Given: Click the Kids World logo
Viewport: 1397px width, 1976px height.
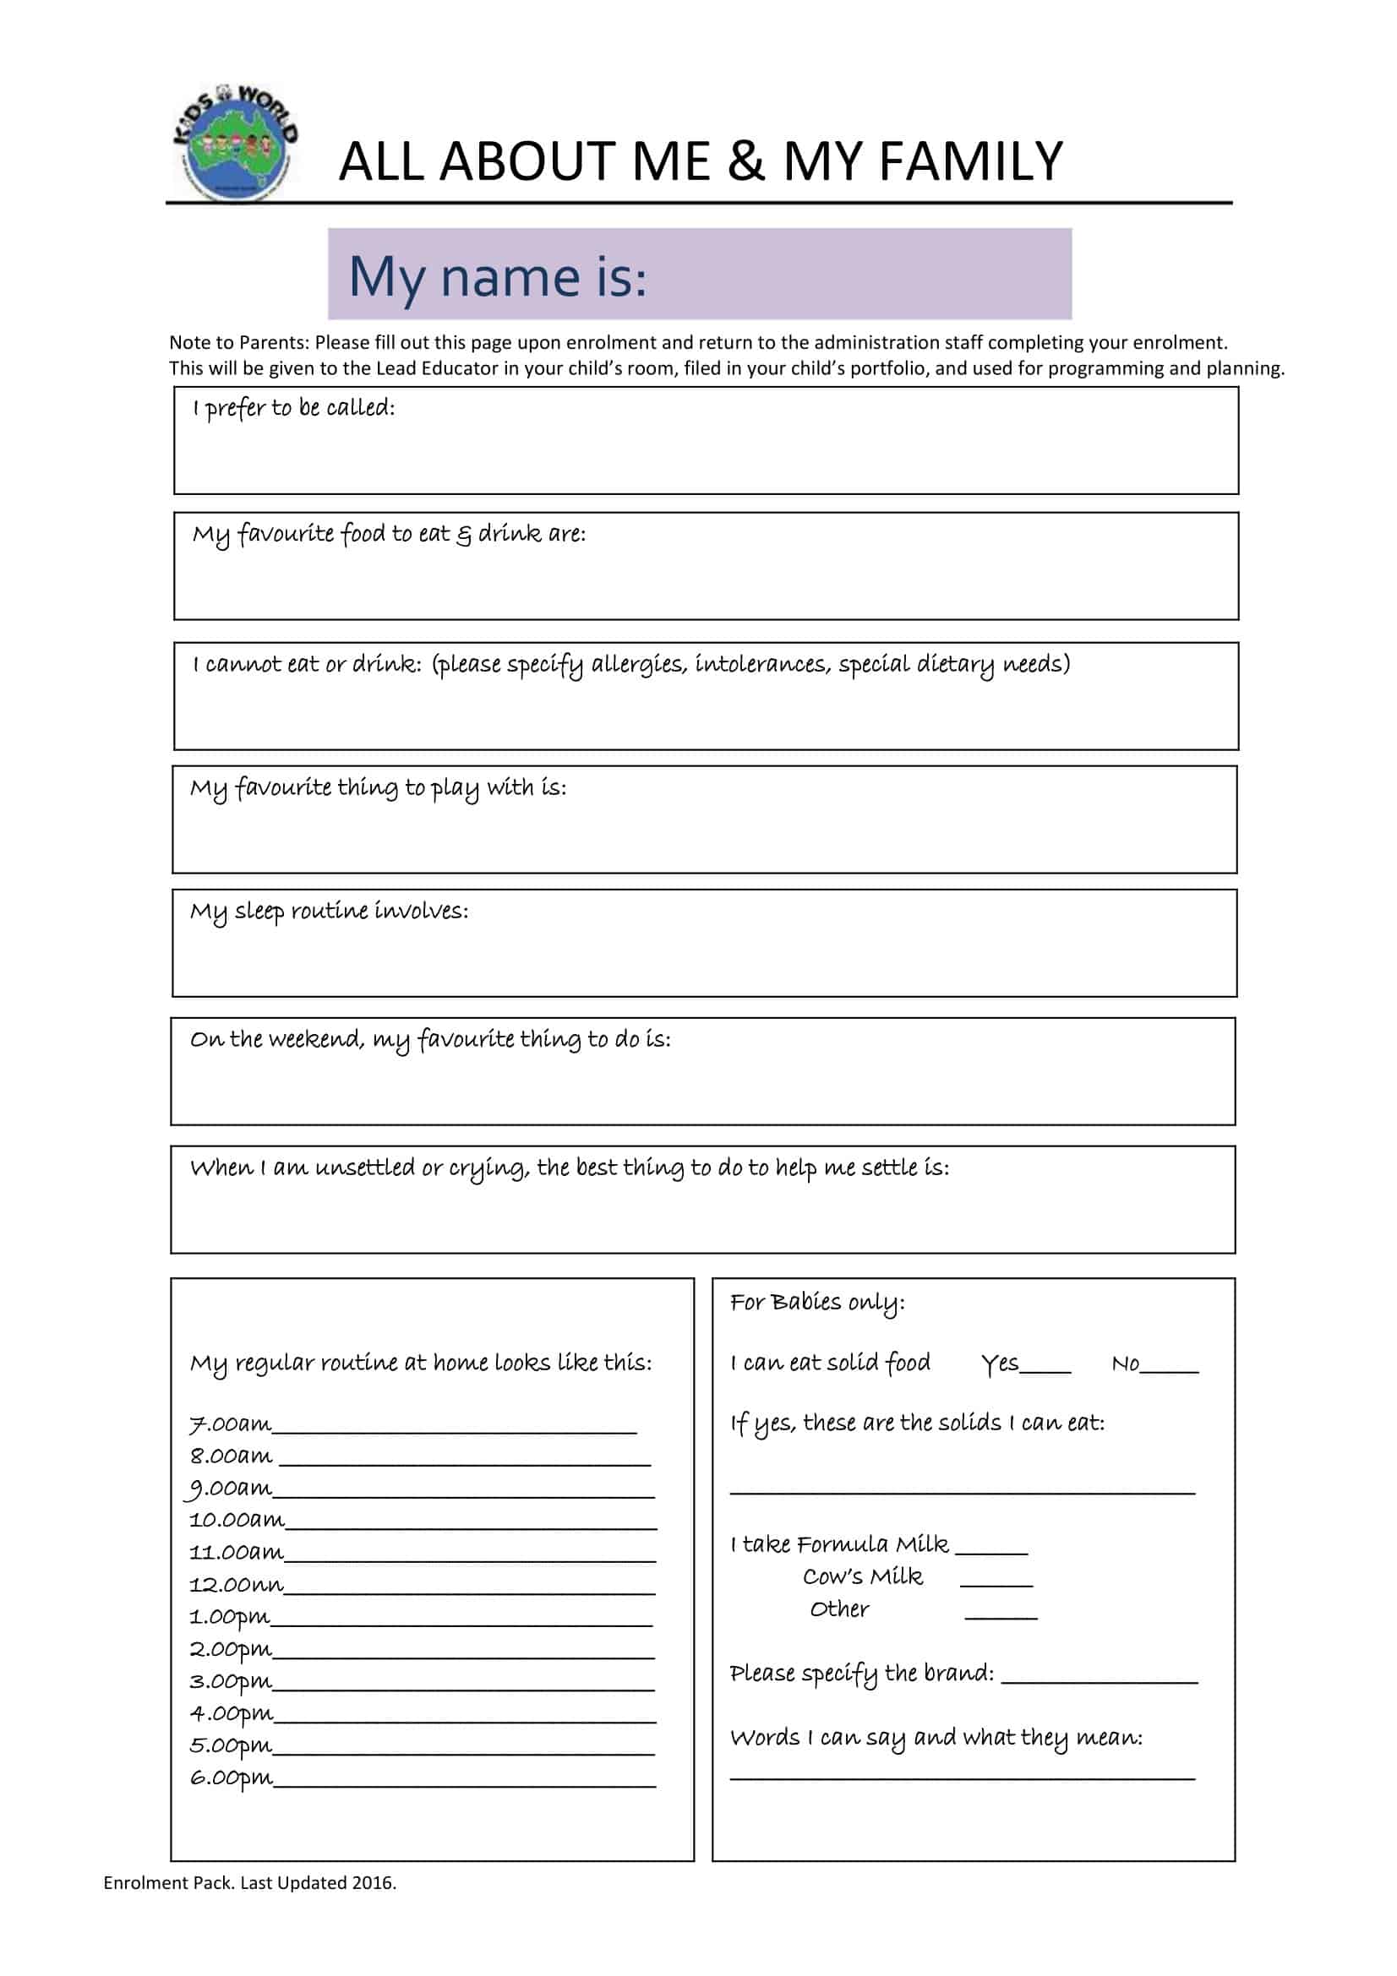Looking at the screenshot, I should click(235, 142).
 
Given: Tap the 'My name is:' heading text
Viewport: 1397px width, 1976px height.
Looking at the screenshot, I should click(497, 277).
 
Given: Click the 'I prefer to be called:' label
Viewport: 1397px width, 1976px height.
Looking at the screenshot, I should click(293, 408).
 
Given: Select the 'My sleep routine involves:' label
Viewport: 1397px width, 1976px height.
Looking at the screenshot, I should click(329, 912).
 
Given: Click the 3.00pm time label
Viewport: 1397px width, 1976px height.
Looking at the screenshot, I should click(231, 1683).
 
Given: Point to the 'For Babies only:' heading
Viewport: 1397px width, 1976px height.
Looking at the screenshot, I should click(817, 1303).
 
